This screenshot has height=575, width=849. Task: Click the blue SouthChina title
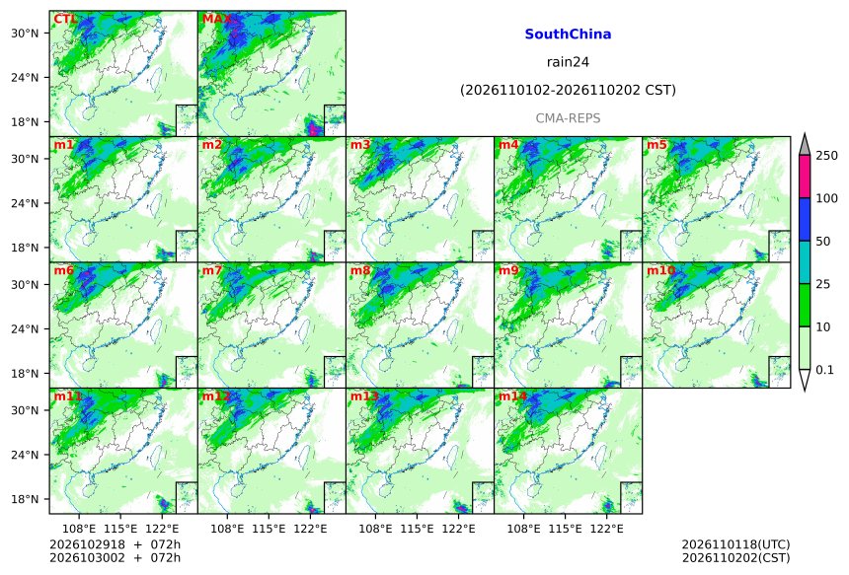pyautogui.click(x=568, y=35)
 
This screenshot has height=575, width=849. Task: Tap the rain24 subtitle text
pyautogui.click(x=568, y=62)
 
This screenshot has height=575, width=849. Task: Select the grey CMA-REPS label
pyautogui.click(x=568, y=118)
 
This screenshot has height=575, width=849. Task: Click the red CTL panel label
pyautogui.click(x=65, y=20)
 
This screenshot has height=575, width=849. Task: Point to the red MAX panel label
pyautogui.click(x=216, y=20)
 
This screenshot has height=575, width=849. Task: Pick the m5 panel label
pyautogui.click(x=656, y=145)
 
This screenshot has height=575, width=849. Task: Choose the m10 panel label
pyautogui.click(x=660, y=270)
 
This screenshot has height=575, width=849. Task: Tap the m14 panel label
pyautogui.click(x=512, y=396)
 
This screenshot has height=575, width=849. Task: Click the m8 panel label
pyautogui.click(x=360, y=270)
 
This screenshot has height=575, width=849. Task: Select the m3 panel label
pyautogui.click(x=360, y=145)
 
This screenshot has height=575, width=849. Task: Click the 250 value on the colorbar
pyautogui.click(x=827, y=156)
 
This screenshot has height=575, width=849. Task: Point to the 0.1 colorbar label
pyautogui.click(x=824, y=370)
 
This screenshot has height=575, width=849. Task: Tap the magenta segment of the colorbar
pyautogui.click(x=806, y=177)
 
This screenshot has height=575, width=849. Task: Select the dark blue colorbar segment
pyautogui.click(x=806, y=219)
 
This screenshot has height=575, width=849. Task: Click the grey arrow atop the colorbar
pyautogui.click(x=806, y=145)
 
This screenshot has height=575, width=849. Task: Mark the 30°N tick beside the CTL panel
pyautogui.click(x=25, y=34)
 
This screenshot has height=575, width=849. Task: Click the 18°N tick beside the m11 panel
pyautogui.click(x=25, y=499)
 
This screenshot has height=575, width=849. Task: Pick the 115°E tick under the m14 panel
pyautogui.click(x=566, y=529)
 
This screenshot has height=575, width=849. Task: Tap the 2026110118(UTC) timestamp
pyautogui.click(x=735, y=544)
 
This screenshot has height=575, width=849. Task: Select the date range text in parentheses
pyautogui.click(x=568, y=90)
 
